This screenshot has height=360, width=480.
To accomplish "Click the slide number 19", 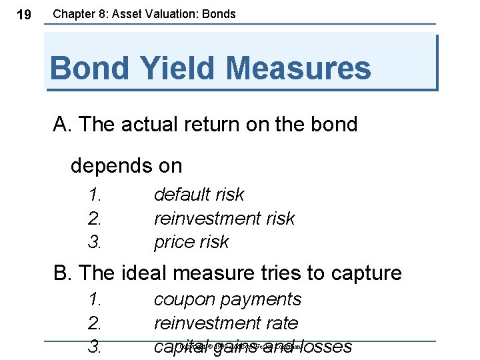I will pyautogui.click(x=23, y=15).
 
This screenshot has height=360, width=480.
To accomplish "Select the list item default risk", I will pyautogui.click(x=199, y=195).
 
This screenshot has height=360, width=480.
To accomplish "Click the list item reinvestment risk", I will pyautogui.click(x=224, y=218).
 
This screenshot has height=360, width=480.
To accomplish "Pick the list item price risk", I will pyautogui.click(x=191, y=241).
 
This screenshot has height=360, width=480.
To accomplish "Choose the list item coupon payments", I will pyautogui.click(x=227, y=300).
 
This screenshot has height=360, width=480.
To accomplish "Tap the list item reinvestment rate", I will pyautogui.click(x=226, y=323).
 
